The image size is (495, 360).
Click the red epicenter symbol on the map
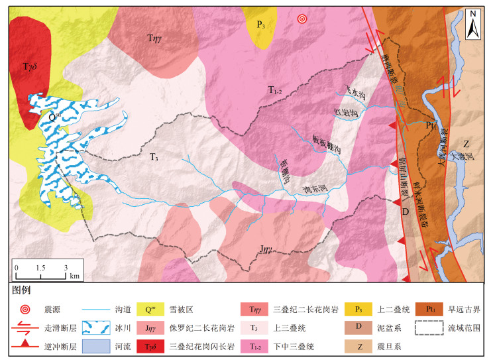(x=302, y=19)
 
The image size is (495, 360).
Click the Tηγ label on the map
(x=156, y=39)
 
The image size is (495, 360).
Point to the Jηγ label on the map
(x=266, y=250)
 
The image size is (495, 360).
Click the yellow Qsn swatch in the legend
(x=152, y=308)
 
